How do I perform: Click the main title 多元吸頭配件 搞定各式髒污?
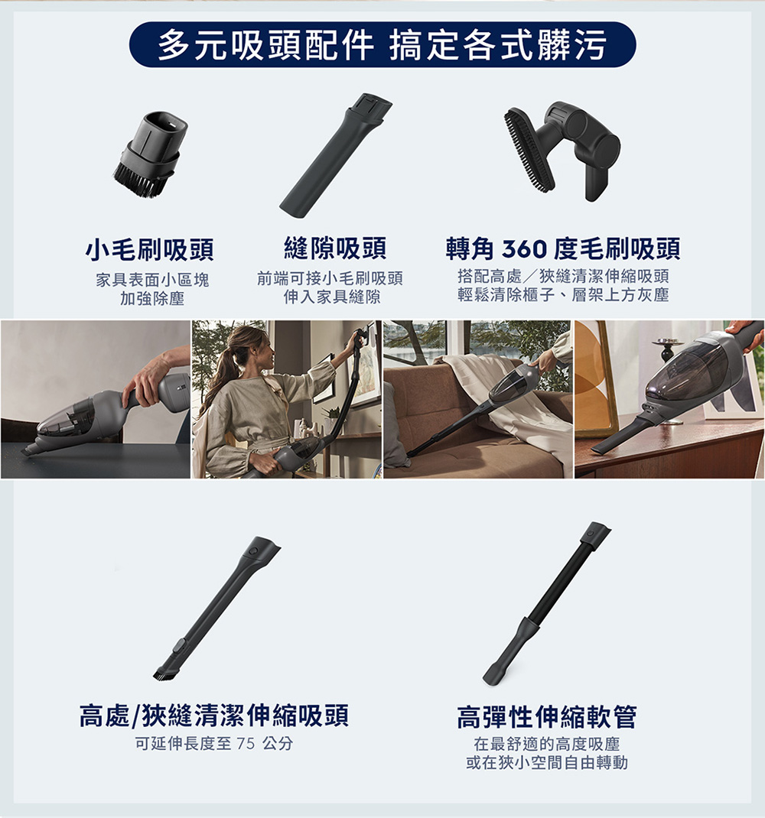(x=382, y=45)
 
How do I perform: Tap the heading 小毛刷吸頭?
(x=149, y=249)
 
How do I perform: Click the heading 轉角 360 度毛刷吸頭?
(x=563, y=248)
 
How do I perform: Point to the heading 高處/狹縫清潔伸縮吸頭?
(x=214, y=716)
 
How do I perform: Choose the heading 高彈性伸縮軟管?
(x=546, y=717)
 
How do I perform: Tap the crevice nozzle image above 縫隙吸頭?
(x=335, y=153)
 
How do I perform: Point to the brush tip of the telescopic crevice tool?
(x=164, y=674)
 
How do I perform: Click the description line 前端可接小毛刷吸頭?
(x=330, y=279)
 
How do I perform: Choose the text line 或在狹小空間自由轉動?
(x=546, y=763)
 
